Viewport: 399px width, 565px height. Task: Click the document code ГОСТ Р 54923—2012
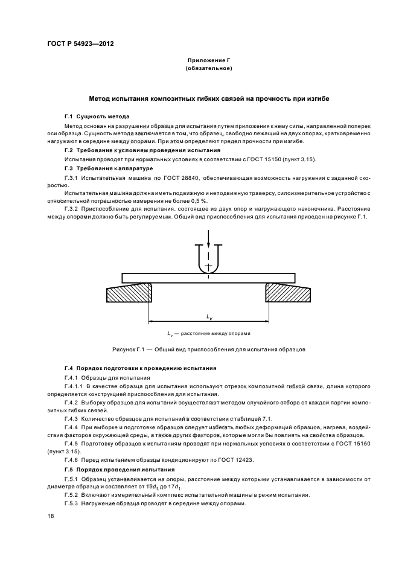[81, 44]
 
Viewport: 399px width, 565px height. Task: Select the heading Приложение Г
[209, 61]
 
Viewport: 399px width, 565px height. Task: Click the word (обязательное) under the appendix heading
[209, 69]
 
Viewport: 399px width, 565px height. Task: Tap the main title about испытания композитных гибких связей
[209, 98]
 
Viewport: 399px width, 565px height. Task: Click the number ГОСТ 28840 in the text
[173, 179]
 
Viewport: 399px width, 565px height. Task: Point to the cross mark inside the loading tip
[209, 266]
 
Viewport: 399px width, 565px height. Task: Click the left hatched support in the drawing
[129, 294]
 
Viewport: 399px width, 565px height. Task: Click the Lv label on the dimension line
[209, 317]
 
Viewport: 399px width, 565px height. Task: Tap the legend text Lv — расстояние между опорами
[209, 333]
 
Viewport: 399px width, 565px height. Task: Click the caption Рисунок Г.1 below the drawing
[209, 349]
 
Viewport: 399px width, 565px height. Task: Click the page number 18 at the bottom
[50, 516]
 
